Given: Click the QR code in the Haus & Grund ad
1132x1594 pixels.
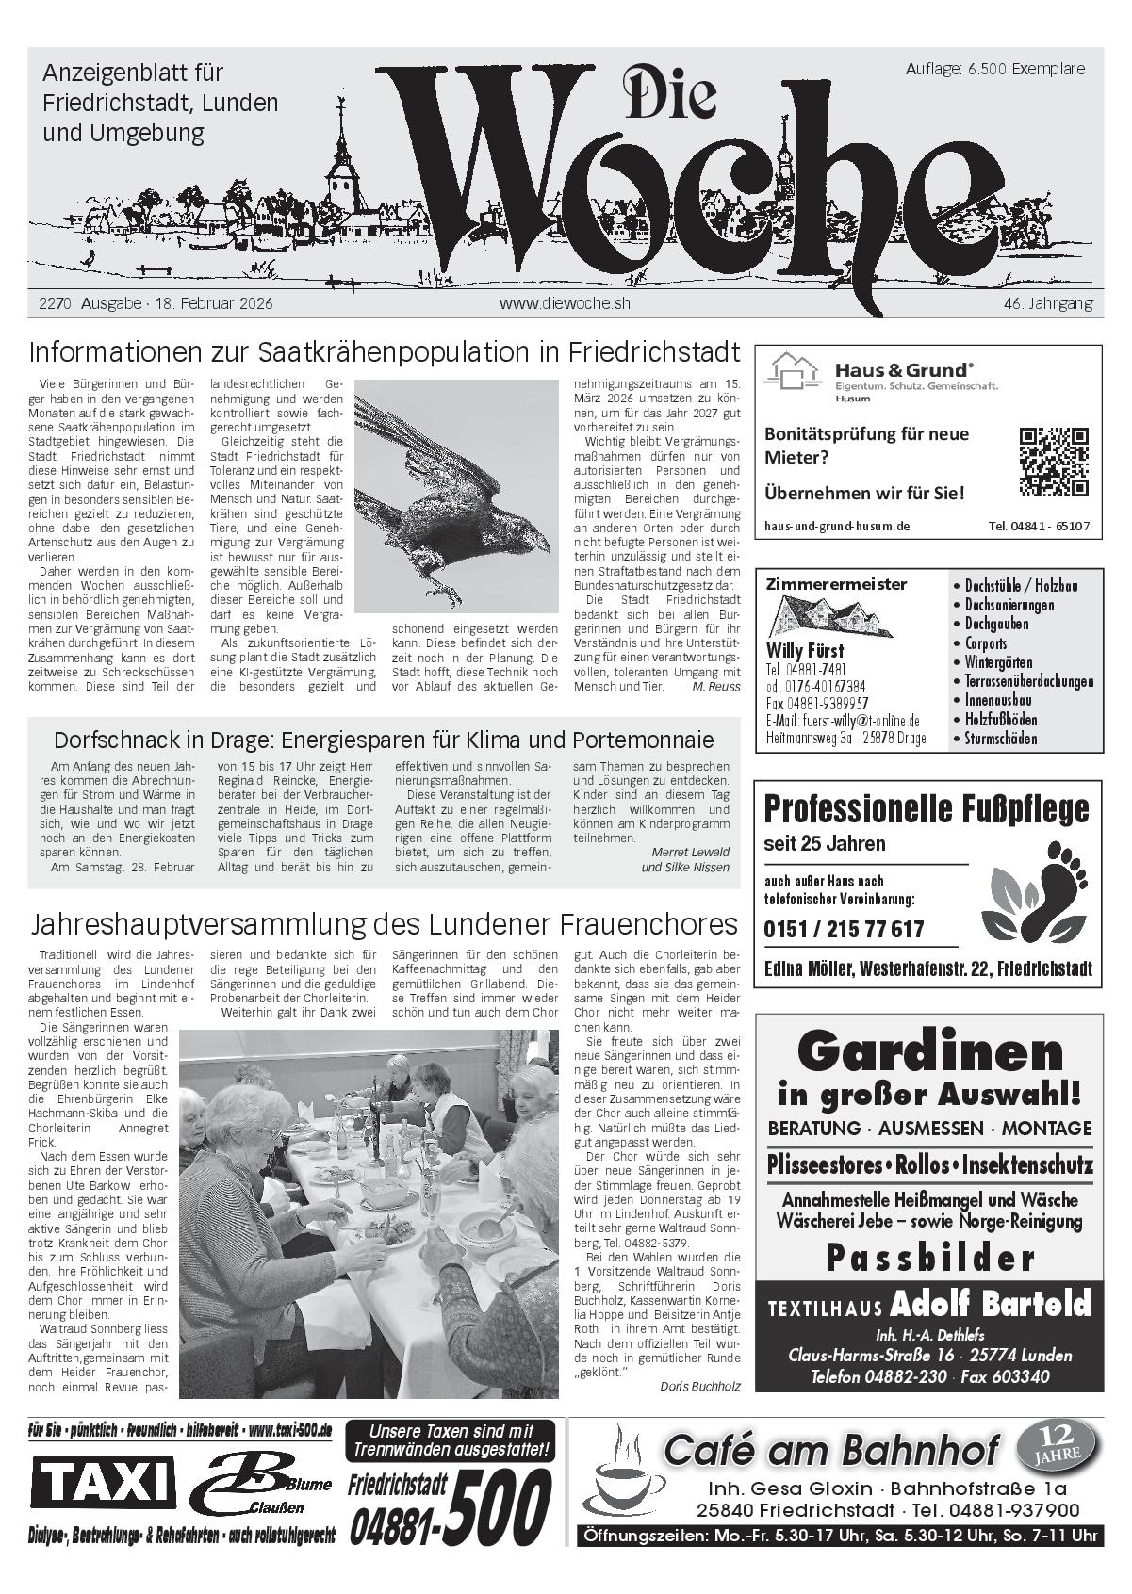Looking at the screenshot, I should [x=1054, y=462].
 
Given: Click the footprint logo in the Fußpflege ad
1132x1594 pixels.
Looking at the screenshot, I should [x=1030, y=899].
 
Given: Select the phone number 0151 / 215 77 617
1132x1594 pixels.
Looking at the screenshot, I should [x=844, y=930].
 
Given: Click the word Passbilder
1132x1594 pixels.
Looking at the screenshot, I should [x=929, y=1258].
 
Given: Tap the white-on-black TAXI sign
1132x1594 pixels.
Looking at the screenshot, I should [x=103, y=1483].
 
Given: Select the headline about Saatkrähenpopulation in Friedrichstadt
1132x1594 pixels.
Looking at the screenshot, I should [x=385, y=352].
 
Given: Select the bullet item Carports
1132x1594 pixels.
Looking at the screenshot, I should [x=985, y=643].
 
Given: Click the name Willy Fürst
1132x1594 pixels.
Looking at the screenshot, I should [x=805, y=651].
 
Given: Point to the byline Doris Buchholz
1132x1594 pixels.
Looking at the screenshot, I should [x=700, y=1386].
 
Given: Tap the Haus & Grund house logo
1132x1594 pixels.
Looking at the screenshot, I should [x=791, y=372].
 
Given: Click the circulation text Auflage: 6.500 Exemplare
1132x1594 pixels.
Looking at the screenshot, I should [x=994, y=69].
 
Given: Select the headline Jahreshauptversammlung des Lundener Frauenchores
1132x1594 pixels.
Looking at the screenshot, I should [x=385, y=921].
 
